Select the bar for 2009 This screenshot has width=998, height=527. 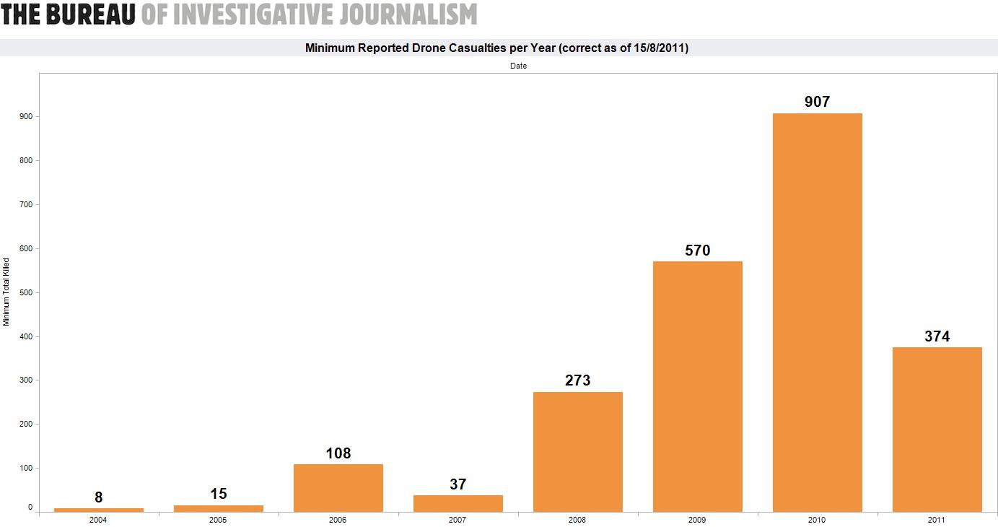[697, 386]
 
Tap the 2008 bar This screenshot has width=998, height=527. [577, 452]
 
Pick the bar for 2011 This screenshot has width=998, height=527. [937, 430]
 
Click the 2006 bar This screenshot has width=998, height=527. [338, 488]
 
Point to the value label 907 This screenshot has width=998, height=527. [817, 103]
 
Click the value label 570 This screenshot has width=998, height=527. [697, 251]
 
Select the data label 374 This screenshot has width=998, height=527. [937, 336]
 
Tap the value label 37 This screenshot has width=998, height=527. [458, 484]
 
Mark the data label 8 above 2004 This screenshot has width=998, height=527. [99, 497]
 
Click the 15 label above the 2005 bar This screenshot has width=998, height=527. [219, 494]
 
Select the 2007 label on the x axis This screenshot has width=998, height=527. [458, 520]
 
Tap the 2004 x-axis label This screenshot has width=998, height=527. [99, 520]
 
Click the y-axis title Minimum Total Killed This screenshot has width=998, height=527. [6, 292]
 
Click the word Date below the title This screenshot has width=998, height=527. [518, 66]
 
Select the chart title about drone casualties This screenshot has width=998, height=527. [496, 48]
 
